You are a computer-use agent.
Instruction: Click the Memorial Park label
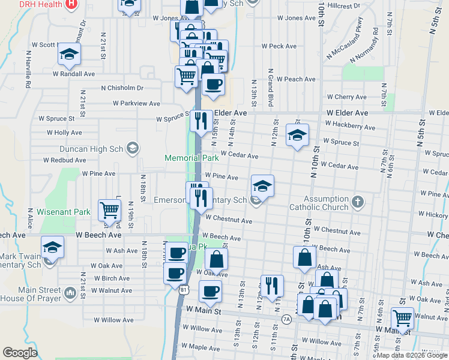(x=191, y=158)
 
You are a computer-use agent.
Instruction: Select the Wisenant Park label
(x=63, y=212)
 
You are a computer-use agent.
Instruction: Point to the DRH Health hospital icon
(x=71, y=4)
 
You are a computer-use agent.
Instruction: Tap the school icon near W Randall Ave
(x=70, y=55)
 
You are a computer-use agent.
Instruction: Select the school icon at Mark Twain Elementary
(x=52, y=247)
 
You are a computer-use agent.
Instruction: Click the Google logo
(x=20, y=353)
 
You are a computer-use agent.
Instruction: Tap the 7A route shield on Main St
(x=286, y=319)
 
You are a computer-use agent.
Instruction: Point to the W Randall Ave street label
(x=74, y=74)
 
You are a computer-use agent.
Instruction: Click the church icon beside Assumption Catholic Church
(x=358, y=200)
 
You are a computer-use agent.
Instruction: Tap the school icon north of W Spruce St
(x=297, y=136)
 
